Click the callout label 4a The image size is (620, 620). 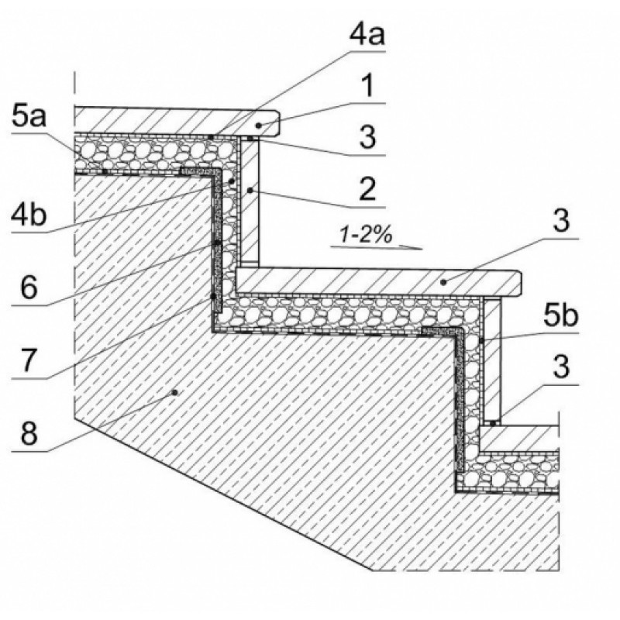pyautogui.click(x=367, y=34)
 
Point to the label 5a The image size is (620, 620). pyautogui.click(x=29, y=116)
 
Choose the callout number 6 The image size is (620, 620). pyautogui.click(x=29, y=288)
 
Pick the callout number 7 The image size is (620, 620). pyautogui.click(x=29, y=360)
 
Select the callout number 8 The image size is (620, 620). pyautogui.click(x=29, y=433)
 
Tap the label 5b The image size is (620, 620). pyautogui.click(x=560, y=316)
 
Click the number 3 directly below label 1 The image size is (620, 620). pyautogui.click(x=367, y=137)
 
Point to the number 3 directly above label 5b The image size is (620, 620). pyautogui.click(x=561, y=220)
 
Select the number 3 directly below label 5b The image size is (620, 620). pyautogui.click(x=561, y=367)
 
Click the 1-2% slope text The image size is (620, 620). pyautogui.click(x=366, y=236)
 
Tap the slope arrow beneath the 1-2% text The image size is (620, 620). pyautogui.click(x=377, y=247)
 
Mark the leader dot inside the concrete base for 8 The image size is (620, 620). pyautogui.click(x=174, y=392)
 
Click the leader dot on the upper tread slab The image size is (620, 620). pyautogui.click(x=259, y=126)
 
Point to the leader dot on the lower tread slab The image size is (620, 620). pyautogui.click(x=443, y=282)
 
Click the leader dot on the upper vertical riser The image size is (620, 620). pyautogui.click(x=250, y=191)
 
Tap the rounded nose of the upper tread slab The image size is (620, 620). pyautogui.click(x=277, y=122)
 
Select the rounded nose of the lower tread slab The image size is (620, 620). pyautogui.click(x=518, y=284)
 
